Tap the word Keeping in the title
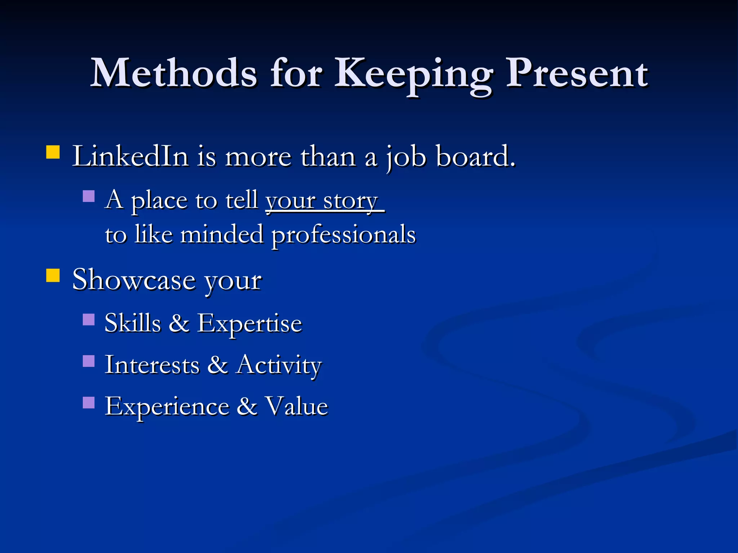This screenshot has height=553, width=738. click(x=414, y=74)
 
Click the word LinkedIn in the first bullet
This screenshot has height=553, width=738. click(x=130, y=156)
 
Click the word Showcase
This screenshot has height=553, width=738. click(x=134, y=280)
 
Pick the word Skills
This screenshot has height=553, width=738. click(x=133, y=323)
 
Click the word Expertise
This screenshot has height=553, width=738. click(x=249, y=323)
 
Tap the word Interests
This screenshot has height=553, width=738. click(x=152, y=365)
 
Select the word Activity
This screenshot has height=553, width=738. click(x=279, y=365)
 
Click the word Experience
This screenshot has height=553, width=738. click(x=167, y=406)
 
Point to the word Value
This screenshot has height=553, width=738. click(x=296, y=406)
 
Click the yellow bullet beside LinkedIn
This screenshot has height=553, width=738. click(x=53, y=152)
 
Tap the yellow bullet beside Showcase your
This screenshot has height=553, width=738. click(x=53, y=275)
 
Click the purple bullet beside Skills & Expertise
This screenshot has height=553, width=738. click(x=89, y=319)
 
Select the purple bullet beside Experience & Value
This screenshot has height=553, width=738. click(x=89, y=403)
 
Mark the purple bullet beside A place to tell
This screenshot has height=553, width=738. click(x=89, y=196)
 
